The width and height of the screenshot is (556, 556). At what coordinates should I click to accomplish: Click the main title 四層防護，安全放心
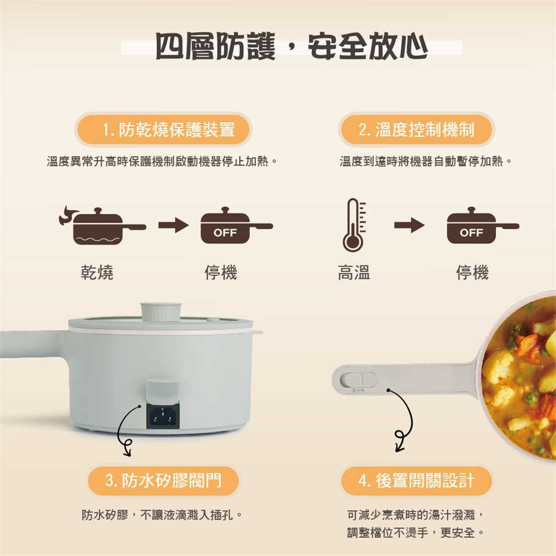tap(291, 46)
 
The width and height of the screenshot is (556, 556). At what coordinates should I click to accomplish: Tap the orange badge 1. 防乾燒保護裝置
tap(163, 129)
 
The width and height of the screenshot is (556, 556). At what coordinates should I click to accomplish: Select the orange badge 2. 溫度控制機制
tap(416, 129)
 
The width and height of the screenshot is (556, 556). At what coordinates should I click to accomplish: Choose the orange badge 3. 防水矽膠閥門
tap(163, 481)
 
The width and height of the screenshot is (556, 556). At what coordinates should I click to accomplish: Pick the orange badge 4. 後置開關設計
tap(416, 481)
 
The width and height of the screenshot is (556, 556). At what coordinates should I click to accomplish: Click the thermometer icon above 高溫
tap(354, 225)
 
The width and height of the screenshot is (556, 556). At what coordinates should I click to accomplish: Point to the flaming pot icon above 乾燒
tap(103, 226)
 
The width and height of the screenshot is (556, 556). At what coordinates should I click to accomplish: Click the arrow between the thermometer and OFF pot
tap(409, 225)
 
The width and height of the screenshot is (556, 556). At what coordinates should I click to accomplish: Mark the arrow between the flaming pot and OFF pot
tap(173, 225)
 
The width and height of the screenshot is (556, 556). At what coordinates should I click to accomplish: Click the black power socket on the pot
tap(163, 416)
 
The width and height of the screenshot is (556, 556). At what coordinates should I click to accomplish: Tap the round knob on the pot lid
tap(162, 312)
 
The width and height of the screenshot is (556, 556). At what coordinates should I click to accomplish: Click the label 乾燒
tap(97, 272)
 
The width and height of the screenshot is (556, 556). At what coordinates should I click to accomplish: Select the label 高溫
tap(354, 272)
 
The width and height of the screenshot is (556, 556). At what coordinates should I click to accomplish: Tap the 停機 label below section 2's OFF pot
tap(473, 272)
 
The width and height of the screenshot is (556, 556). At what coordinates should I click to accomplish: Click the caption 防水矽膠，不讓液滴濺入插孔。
tap(162, 514)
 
